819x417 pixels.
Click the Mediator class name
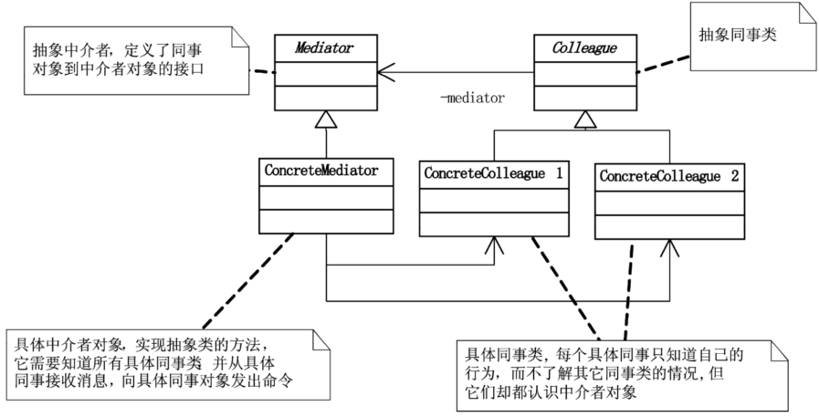pyautogui.click(x=324, y=48)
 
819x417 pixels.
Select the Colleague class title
pyautogui.click(x=584, y=48)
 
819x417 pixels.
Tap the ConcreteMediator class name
pyautogui.click(x=321, y=171)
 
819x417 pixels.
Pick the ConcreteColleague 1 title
pyautogui.click(x=494, y=173)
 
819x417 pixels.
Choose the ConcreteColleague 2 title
pyautogui.click(x=669, y=176)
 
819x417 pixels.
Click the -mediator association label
pyautogui.click(x=473, y=98)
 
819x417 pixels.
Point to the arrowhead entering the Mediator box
pyautogui.click(x=385, y=73)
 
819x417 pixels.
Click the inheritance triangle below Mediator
pyautogui.click(x=326, y=120)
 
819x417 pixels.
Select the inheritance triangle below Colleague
pyautogui.click(x=585, y=120)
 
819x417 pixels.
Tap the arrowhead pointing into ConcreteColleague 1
pyautogui.click(x=494, y=245)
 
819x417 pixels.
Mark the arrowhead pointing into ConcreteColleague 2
pyautogui.click(x=669, y=248)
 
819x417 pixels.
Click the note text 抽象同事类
pyautogui.click(x=738, y=35)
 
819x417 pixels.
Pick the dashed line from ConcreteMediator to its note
pyautogui.click(x=247, y=282)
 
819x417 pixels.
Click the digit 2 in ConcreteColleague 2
pyautogui.click(x=735, y=176)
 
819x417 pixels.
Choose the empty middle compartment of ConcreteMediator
pyautogui.click(x=326, y=198)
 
